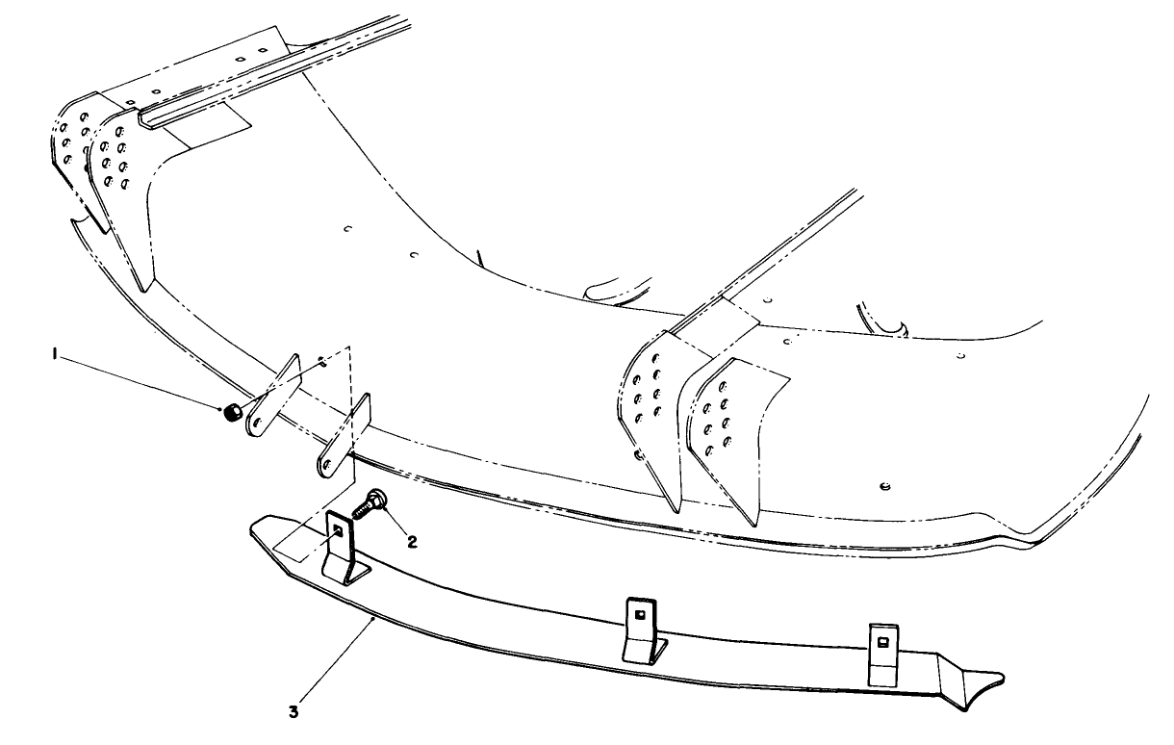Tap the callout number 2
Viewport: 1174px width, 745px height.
click(412, 542)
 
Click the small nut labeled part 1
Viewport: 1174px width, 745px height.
click(231, 414)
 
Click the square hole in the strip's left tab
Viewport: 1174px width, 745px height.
click(338, 528)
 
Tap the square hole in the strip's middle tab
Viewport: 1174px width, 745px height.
click(640, 613)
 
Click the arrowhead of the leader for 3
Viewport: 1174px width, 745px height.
click(373, 621)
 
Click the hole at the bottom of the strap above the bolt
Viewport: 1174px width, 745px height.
click(328, 464)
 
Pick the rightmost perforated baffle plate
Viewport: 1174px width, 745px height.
click(727, 424)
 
